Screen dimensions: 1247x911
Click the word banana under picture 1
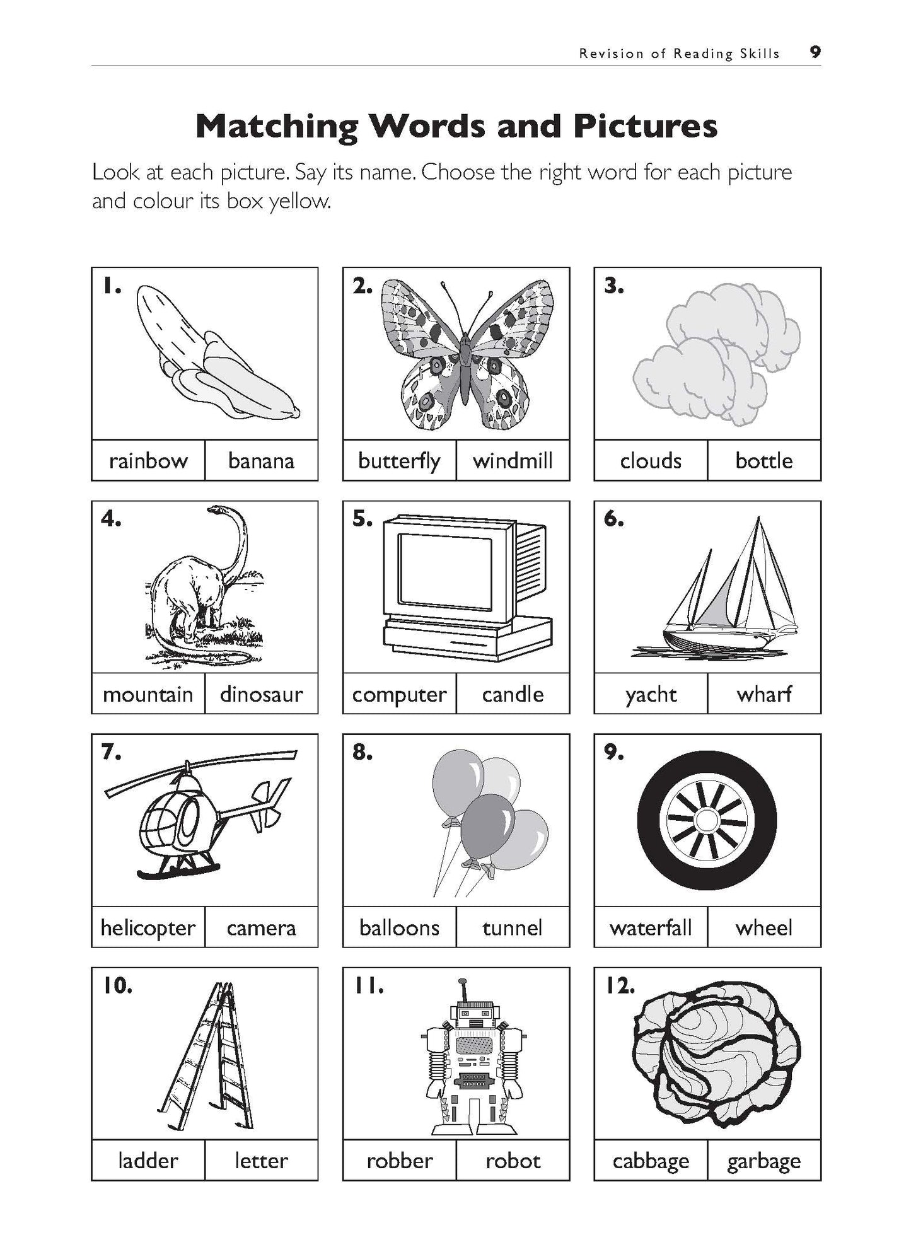pyautogui.click(x=261, y=461)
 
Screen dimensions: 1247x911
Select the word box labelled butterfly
pyautogui.click(x=399, y=461)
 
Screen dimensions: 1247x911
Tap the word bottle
pyautogui.click(x=764, y=461)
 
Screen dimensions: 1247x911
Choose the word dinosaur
pyautogui.click(x=261, y=694)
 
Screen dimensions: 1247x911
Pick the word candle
pyautogui.click(x=513, y=694)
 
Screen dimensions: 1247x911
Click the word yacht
pyautogui.click(x=651, y=694)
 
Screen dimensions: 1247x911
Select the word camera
pyautogui.click(x=261, y=927)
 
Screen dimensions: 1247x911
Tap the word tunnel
pyautogui.click(x=513, y=927)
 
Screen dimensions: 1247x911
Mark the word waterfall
pyautogui.click(x=651, y=927)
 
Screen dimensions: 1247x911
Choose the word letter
pyautogui.click(x=261, y=1161)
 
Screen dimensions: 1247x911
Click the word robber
pyautogui.click(x=399, y=1161)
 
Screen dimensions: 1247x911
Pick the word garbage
pyautogui.click(x=764, y=1161)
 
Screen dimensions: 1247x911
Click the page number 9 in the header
pyautogui.click(x=815, y=52)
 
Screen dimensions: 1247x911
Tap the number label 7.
pyautogui.click(x=111, y=752)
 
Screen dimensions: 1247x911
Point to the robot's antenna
pyautogui.click(x=463, y=990)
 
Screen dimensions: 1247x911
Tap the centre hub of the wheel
pyautogui.click(x=707, y=820)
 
